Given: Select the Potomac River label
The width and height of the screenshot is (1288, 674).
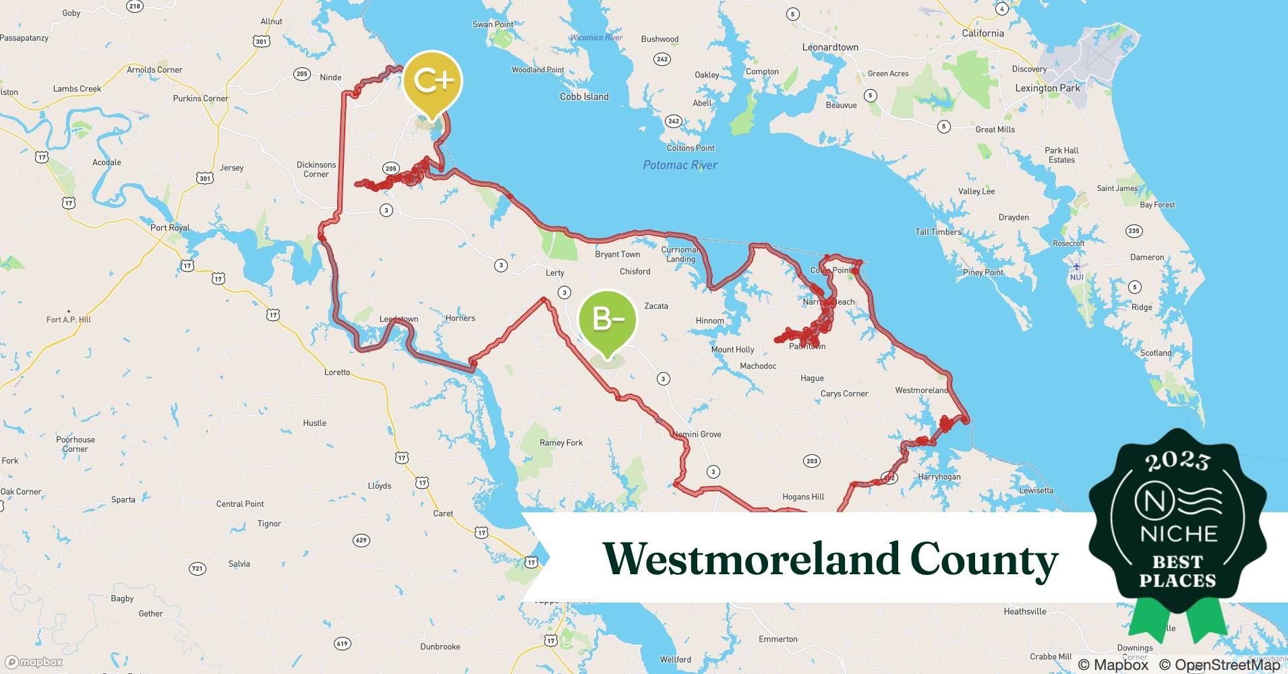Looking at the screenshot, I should (x=680, y=165).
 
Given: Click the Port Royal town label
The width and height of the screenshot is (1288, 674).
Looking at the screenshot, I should (x=170, y=228).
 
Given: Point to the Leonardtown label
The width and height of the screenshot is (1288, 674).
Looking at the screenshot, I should (x=829, y=47).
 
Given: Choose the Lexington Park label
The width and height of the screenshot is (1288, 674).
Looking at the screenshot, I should (x=1047, y=88).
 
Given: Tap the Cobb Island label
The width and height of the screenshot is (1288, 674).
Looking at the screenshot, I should (x=584, y=96).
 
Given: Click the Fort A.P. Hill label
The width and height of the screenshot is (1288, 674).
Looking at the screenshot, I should (x=69, y=319).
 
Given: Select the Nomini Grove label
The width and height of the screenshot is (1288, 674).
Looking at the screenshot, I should (x=697, y=434).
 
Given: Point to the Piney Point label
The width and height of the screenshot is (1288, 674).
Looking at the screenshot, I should (x=983, y=272).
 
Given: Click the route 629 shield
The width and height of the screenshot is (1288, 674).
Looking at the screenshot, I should (x=361, y=540).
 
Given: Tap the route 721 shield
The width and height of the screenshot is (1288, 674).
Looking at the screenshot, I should (x=197, y=568).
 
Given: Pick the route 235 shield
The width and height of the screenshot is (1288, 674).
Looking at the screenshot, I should (x=1134, y=231).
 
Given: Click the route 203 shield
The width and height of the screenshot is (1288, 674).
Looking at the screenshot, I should (x=812, y=461).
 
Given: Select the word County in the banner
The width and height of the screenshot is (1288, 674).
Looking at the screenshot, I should (x=984, y=559).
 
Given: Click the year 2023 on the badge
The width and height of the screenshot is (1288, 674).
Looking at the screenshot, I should (x=1177, y=461).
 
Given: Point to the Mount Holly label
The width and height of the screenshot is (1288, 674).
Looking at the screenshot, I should (x=732, y=349).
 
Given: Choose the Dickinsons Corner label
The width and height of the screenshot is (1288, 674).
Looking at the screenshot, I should (x=316, y=169).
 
